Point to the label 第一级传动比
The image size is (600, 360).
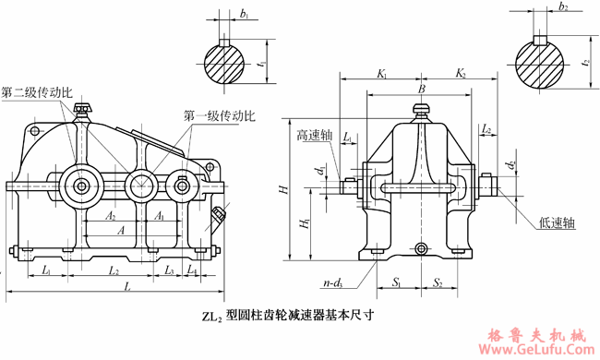point(219,116)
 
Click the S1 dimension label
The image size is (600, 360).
point(395,282)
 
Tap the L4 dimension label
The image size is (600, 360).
point(192,270)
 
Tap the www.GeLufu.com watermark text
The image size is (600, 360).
point(539,350)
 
